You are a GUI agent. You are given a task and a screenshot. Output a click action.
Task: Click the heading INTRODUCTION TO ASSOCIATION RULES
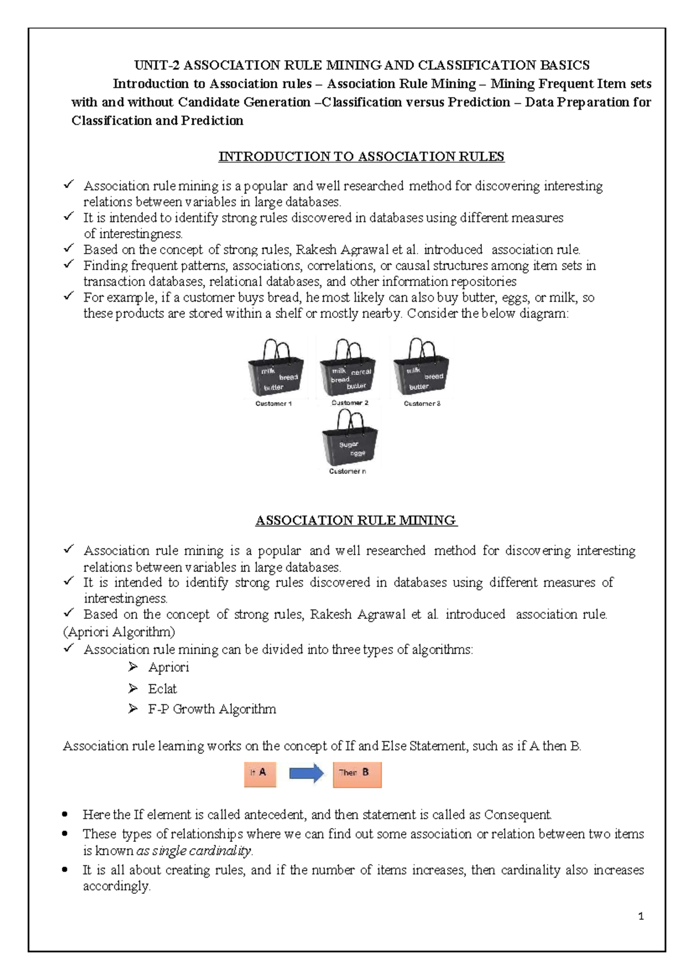361,157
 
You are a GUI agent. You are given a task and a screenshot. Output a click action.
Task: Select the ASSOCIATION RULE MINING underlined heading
356,521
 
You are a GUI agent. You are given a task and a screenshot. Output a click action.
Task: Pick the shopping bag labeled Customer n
349,440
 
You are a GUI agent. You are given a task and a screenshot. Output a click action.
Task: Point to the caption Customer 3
422,403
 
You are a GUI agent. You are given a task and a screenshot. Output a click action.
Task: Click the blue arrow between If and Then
306,773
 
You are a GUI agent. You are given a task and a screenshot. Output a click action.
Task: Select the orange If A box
260,774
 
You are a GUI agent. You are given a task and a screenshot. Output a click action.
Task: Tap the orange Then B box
357,774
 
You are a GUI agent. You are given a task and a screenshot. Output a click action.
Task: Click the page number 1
640,916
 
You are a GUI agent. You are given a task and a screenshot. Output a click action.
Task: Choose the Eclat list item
162,689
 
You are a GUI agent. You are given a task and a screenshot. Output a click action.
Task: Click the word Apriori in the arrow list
168,667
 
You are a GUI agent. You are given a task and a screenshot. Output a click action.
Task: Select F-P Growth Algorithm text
212,709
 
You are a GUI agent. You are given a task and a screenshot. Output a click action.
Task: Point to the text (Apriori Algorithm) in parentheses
119,632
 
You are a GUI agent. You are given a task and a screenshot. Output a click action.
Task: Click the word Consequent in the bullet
517,815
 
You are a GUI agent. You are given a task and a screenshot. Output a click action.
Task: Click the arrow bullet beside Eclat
133,688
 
